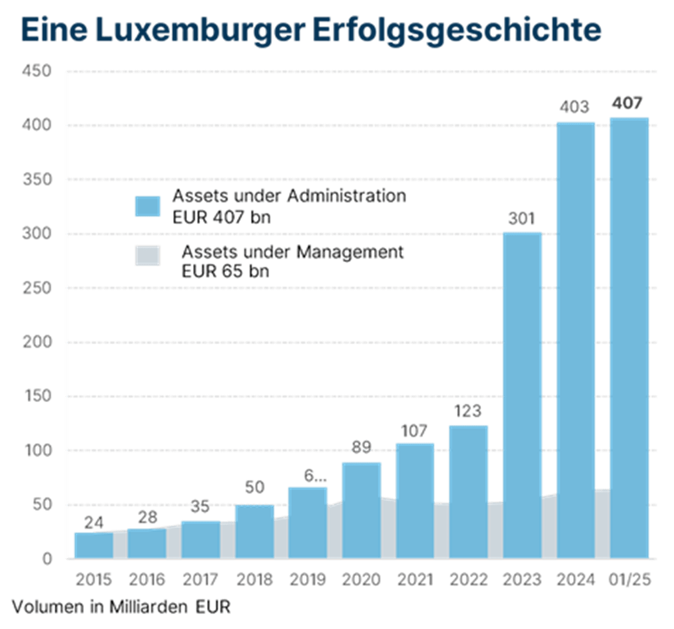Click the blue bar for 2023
(x=522, y=395)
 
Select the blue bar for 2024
(x=576, y=340)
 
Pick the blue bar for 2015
(x=93, y=545)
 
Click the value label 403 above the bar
(x=574, y=108)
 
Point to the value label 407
(x=627, y=103)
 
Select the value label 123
(x=468, y=411)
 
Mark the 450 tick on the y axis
(x=36, y=72)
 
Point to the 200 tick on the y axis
(x=36, y=342)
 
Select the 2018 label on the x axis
(x=253, y=579)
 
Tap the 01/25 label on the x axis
(x=630, y=579)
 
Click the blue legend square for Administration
(x=148, y=206)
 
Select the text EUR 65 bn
(x=225, y=272)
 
